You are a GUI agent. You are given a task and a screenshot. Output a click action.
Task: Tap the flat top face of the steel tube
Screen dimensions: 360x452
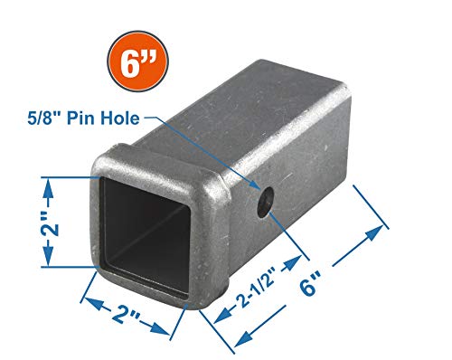[262, 127]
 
